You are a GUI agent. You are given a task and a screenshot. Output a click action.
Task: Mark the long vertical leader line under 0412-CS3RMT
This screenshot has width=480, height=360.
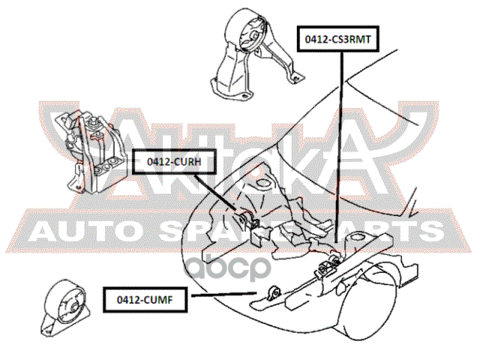pyautogui.click(x=341, y=150)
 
